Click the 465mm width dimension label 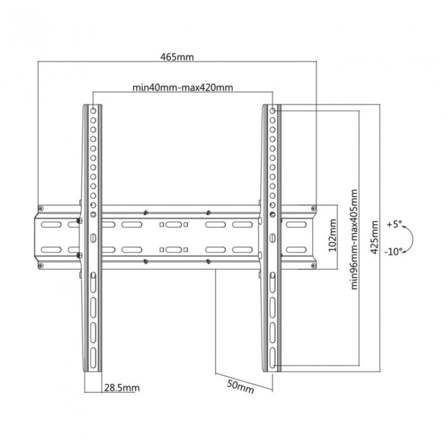(177, 57)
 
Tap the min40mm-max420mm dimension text (183, 87)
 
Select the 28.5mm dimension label (122, 388)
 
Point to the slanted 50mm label (240, 387)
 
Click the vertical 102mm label (332, 235)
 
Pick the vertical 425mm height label (374, 237)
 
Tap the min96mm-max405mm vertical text (354, 240)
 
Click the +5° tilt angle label (394, 224)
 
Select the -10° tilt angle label (393, 252)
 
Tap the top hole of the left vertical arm (93, 111)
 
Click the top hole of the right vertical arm (273, 111)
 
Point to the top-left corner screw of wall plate (41, 208)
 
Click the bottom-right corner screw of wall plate (313, 266)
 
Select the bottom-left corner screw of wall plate (41, 266)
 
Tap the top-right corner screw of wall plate (313, 208)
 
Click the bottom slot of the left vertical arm (93, 358)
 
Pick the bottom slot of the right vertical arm (273, 358)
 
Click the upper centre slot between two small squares (174, 225)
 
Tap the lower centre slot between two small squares (174, 250)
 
